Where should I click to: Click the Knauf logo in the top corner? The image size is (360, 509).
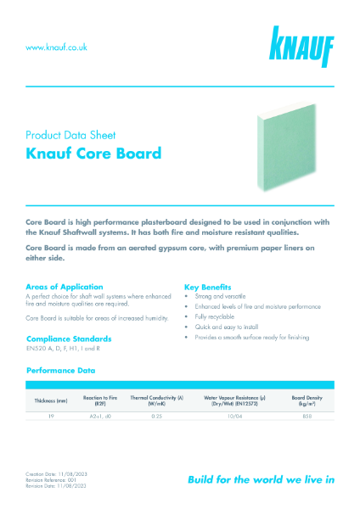pos(303,47)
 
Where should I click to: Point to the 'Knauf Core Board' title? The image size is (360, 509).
pos(93,154)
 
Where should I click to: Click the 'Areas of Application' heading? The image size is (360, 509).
pos(65,287)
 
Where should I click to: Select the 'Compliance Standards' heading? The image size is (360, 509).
pos(68,338)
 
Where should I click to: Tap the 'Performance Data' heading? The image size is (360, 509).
pos(60,370)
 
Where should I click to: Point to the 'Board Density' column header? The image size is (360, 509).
pos(309,400)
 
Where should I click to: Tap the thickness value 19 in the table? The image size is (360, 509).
pos(49,416)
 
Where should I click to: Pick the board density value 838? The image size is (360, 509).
pos(308,416)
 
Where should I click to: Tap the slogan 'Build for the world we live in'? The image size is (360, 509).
pos(260,479)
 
